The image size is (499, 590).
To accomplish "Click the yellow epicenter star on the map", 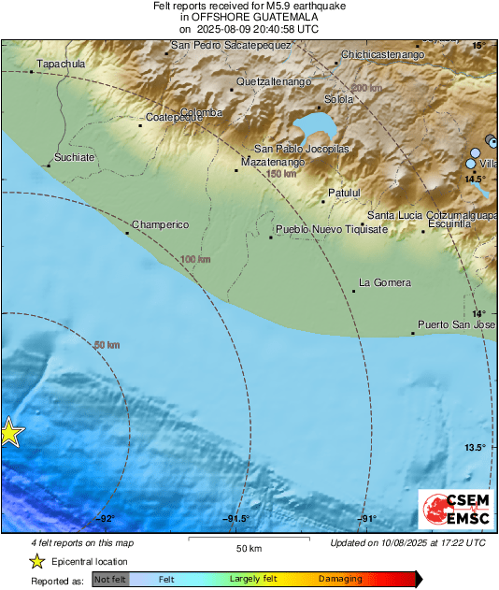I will point(8,433).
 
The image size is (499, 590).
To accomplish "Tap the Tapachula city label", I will point(60,65).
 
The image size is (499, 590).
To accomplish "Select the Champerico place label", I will point(160,225).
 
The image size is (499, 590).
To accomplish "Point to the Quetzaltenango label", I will point(273,82).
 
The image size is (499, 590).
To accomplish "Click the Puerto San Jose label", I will point(456,324).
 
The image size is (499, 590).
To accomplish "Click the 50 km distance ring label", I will point(107,345).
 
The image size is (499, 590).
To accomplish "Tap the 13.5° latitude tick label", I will point(475,447).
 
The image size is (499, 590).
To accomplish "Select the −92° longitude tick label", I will point(104,519).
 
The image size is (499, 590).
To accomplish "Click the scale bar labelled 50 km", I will point(248,540).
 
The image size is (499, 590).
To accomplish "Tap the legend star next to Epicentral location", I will point(36,562).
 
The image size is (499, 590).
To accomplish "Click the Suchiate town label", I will point(75,158).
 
